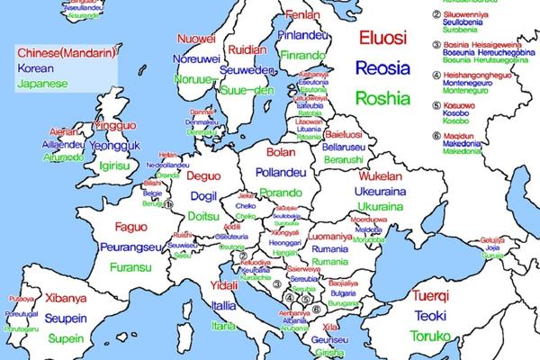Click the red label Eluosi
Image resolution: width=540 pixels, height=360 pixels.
382,38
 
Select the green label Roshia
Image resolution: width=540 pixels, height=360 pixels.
383,97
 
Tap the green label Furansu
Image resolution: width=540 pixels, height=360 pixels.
133,267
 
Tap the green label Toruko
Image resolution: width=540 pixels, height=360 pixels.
432,337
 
